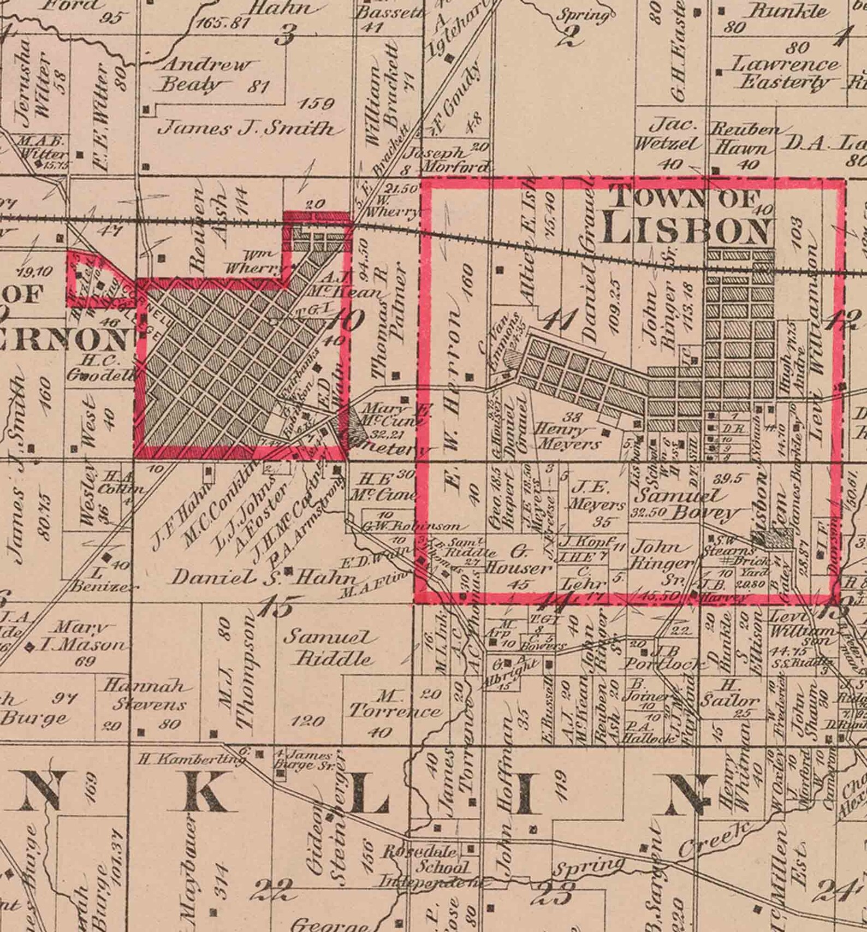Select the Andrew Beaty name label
coord(205,75)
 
